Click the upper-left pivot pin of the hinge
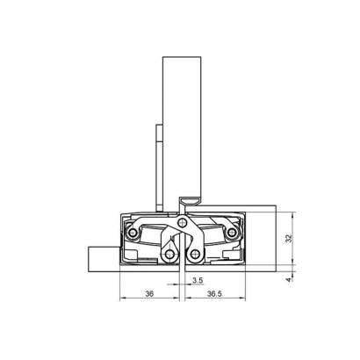point(133,234)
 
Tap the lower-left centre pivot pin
point(169,257)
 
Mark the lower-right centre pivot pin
point(194,257)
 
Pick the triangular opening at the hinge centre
point(183,230)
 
